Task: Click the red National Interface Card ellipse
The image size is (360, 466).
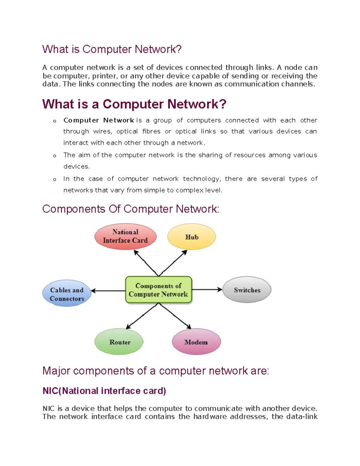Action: [125, 236]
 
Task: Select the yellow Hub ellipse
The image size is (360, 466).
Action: [191, 236]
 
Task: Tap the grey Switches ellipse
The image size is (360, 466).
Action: [247, 290]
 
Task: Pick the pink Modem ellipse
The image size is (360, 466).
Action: [196, 342]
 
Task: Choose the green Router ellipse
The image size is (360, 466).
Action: [119, 342]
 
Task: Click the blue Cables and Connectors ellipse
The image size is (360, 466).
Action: [67, 293]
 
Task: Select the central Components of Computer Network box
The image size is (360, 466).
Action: [158, 290]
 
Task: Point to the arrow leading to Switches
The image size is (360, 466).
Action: [207, 290]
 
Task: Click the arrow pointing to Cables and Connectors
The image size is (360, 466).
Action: [108, 291]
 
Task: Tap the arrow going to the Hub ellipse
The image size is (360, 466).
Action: [173, 263]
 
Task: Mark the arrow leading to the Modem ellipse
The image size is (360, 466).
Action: [175, 316]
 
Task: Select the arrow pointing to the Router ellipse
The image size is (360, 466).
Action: [142, 316]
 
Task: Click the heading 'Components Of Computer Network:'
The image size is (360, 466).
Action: [131, 209]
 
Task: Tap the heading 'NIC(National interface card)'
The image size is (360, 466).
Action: [104, 391]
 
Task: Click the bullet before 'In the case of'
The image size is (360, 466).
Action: [55, 179]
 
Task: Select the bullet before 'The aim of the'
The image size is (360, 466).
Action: [55, 156]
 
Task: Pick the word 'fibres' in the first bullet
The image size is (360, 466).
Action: [151, 131]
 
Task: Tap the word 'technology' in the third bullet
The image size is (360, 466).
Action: [201, 179]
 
